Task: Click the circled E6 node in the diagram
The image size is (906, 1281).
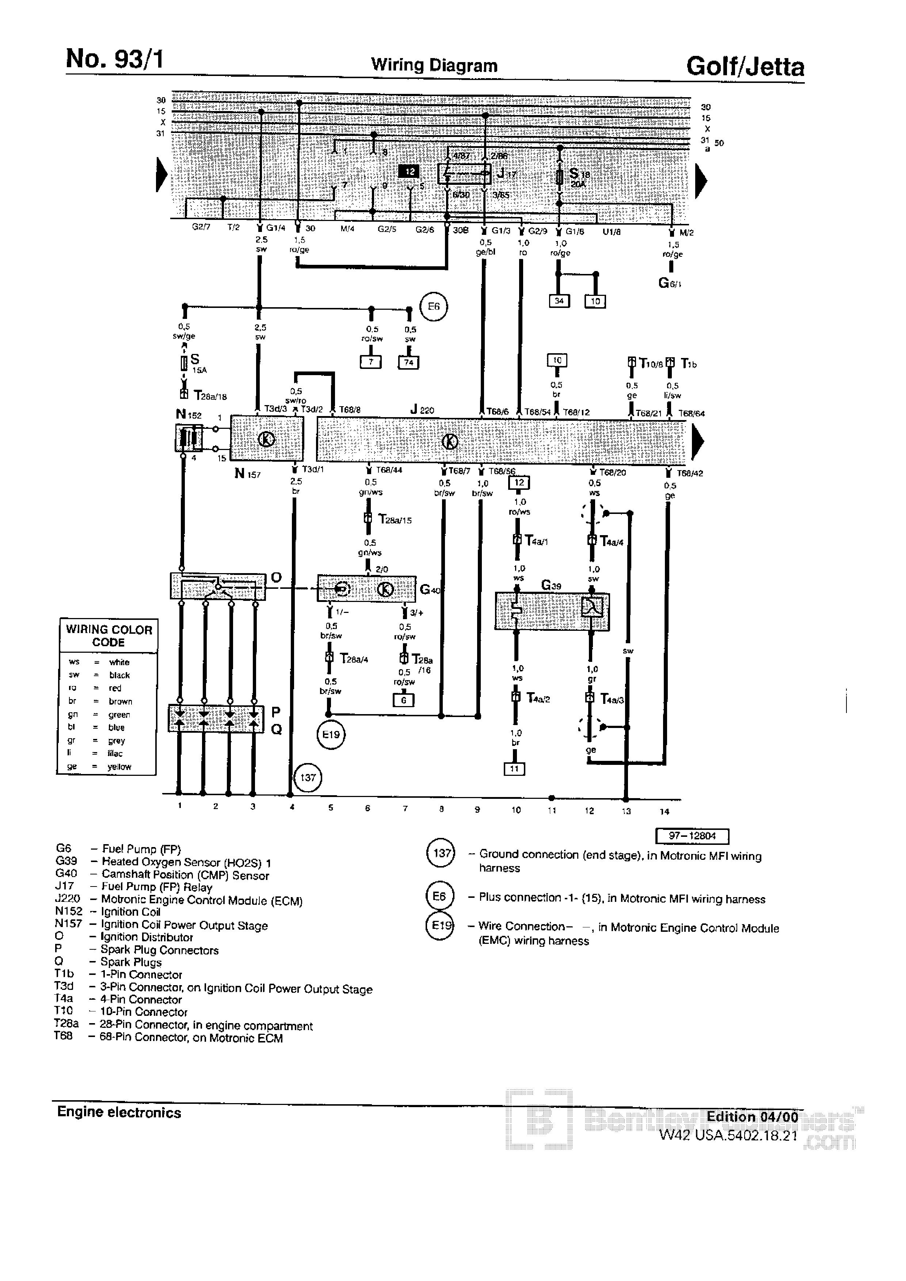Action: (434, 306)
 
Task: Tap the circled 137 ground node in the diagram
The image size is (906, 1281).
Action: (308, 777)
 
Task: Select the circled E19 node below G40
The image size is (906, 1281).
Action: (331, 734)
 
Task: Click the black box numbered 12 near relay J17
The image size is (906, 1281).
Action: (410, 171)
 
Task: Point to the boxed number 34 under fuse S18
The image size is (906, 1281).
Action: (559, 301)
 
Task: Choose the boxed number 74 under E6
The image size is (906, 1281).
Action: (408, 363)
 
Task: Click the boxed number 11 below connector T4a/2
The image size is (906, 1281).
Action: (514, 769)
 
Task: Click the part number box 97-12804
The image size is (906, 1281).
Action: (692, 836)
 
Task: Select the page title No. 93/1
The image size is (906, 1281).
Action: (114, 58)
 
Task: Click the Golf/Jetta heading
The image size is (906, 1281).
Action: (745, 67)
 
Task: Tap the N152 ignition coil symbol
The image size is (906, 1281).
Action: (189, 438)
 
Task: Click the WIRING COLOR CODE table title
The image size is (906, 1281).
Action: (109, 636)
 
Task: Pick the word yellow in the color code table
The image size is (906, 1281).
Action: (119, 767)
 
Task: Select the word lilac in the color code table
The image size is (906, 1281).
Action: (115, 753)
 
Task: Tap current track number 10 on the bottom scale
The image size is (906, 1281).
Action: (516, 809)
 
